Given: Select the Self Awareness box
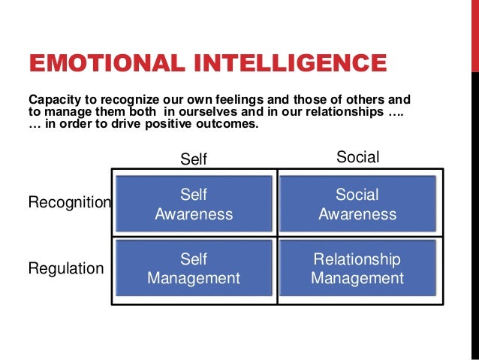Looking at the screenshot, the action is click(x=194, y=204).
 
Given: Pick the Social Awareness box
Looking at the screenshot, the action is click(x=357, y=204).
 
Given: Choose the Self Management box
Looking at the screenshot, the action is click(x=194, y=269).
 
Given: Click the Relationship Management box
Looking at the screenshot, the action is click(x=357, y=269).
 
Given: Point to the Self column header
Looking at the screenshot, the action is click(x=194, y=159).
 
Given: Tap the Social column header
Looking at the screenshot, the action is click(x=357, y=158).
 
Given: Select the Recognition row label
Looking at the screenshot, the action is click(x=69, y=203).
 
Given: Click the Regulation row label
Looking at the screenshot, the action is click(x=66, y=268).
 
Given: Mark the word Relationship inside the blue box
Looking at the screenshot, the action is click(x=357, y=260).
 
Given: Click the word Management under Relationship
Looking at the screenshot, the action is click(x=357, y=278).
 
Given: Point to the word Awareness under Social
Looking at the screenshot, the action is click(x=357, y=213).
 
